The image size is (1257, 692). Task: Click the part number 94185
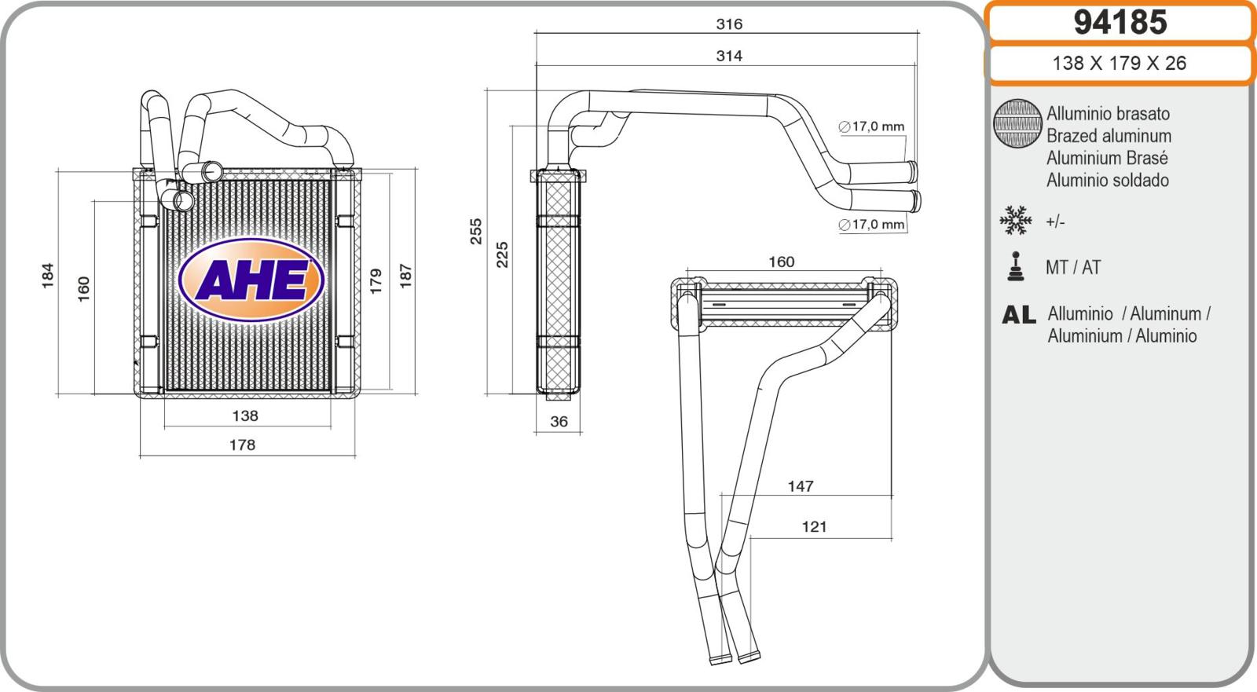[x=1120, y=23]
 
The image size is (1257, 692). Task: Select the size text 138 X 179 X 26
[x=1119, y=64]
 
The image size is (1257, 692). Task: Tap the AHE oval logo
[x=251, y=280]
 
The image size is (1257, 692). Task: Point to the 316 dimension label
[x=729, y=24]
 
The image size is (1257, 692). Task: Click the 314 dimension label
[x=729, y=56]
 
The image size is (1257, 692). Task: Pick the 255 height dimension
[x=476, y=231]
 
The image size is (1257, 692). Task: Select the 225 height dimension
[x=503, y=254]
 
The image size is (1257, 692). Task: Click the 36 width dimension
[x=559, y=422]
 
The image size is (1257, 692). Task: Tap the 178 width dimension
[x=242, y=445]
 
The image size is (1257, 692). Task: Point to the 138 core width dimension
[x=245, y=416]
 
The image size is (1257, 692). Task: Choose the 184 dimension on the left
[x=47, y=275]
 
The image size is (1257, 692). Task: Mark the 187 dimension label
[x=405, y=275]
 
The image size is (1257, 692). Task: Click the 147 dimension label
[x=801, y=487]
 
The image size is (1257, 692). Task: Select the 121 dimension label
[x=815, y=527]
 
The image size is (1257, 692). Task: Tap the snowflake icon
[x=1015, y=221]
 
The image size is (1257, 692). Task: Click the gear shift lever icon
[x=1016, y=266]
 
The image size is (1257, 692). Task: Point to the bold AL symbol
[x=1018, y=315]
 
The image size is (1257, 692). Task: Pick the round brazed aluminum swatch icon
[x=1017, y=124]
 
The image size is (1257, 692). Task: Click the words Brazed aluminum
[x=1109, y=136]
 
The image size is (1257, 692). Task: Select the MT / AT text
[x=1073, y=268]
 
